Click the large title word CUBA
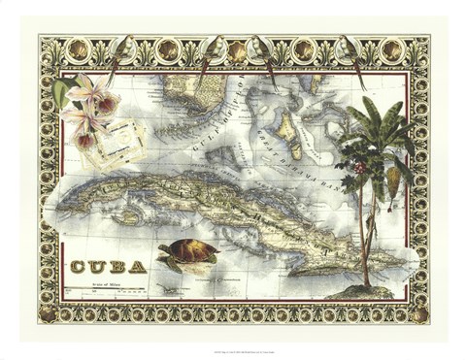109,267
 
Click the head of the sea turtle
167,261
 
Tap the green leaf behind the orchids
63,91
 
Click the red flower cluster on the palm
360,166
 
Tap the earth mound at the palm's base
367,289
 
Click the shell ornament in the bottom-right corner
419,316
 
